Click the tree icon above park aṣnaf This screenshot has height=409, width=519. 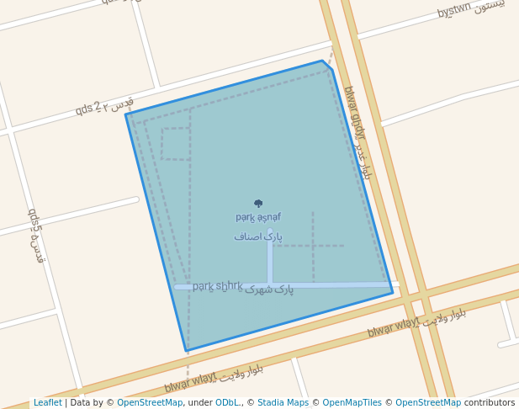click(258, 203)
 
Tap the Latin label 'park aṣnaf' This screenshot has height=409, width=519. click(258, 217)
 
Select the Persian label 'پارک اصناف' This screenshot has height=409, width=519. click(258, 237)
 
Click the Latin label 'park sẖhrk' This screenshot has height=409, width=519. click(217, 286)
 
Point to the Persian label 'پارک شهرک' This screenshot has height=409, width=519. click(270, 289)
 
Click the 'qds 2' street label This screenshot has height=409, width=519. click(87, 109)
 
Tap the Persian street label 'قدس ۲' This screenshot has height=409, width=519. click(119, 103)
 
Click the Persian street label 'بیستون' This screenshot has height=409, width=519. click(490, 7)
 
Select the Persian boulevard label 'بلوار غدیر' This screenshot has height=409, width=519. click(363, 160)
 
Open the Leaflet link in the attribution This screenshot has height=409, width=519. click(47, 403)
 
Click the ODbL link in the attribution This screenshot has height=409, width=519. click(227, 403)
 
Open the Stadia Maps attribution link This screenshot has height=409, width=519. click(283, 403)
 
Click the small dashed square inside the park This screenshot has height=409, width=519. click(176, 144)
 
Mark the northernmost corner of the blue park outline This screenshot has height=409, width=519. click(322, 61)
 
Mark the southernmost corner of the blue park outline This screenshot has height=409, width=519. click(187, 351)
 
